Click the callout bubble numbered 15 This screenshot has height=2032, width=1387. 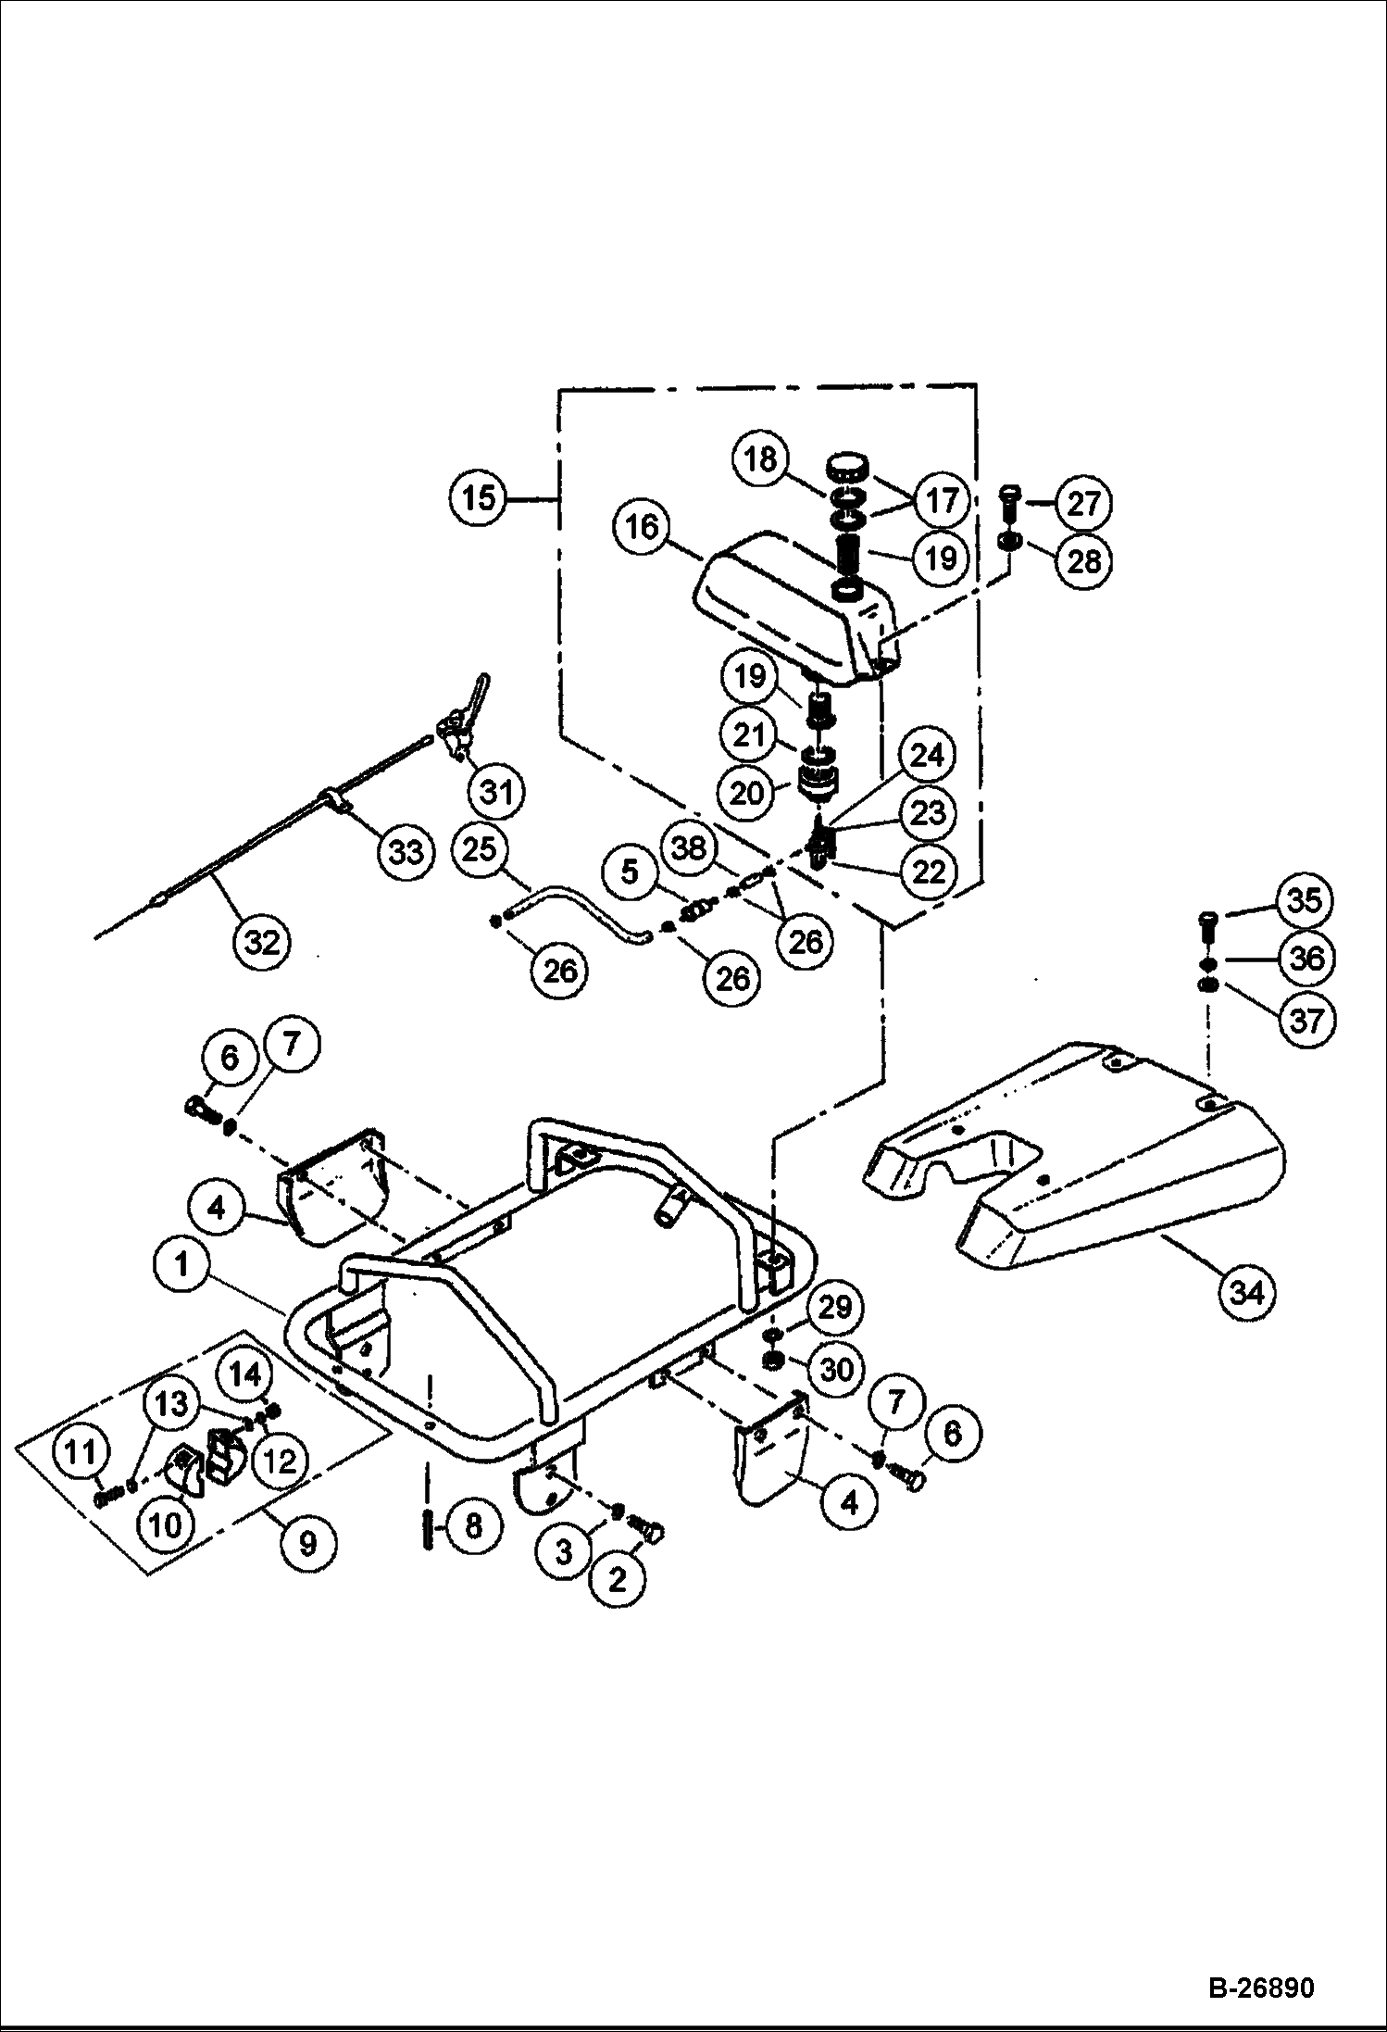pyautogui.click(x=480, y=499)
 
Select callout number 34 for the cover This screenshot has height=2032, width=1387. pyautogui.click(x=1247, y=1291)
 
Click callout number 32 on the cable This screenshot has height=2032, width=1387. pyautogui.click(x=262, y=943)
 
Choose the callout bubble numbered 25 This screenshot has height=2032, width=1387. pyautogui.click(x=480, y=849)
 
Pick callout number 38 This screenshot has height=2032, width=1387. pyautogui.click(x=689, y=848)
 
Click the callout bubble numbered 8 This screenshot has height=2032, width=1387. pyautogui.click(x=473, y=1526)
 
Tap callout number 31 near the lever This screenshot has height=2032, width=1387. pyautogui.click(x=497, y=793)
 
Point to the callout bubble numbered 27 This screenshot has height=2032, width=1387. pyautogui.click(x=1083, y=504)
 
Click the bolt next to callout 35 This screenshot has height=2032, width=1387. pyautogui.click(x=1208, y=923)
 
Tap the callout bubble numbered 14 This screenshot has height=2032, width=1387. pyautogui.click(x=245, y=1373)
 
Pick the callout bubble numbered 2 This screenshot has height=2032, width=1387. pyautogui.click(x=617, y=1580)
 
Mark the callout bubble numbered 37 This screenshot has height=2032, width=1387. pyautogui.click(x=1306, y=1021)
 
